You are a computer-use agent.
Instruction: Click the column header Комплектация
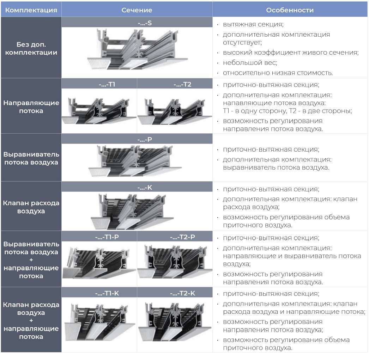pyautogui.click(x=31, y=10)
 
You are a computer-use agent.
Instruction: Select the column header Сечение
pyautogui.click(x=137, y=10)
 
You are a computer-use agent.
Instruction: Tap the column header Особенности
pyautogui.click(x=290, y=10)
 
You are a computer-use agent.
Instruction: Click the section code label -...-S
pyautogui.click(x=145, y=23)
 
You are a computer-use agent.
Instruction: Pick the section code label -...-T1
pyautogui.click(x=107, y=84)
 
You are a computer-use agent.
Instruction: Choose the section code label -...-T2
pyautogui.click(x=182, y=84)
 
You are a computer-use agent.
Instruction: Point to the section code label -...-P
pyautogui.click(x=145, y=140)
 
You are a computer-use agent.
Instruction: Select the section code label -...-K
pyautogui.click(x=145, y=188)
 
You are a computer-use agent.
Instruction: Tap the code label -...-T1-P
pyautogui.click(x=107, y=237)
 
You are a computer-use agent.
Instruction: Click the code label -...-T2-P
pyautogui.click(x=182, y=237)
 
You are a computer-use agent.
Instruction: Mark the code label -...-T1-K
pyautogui.click(x=107, y=293)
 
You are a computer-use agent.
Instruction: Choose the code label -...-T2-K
pyautogui.click(x=182, y=293)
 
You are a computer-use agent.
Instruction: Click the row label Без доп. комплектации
pyautogui.click(x=31, y=48)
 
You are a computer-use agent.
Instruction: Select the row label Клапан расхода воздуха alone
pyautogui.click(x=31, y=207)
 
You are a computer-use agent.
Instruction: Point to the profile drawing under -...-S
pyautogui.click(x=138, y=49)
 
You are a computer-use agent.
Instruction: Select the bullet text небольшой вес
pyautogui.click(x=250, y=62)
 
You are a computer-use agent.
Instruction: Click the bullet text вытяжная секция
pyautogui.click(x=253, y=24)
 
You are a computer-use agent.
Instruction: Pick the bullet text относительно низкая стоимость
pyautogui.click(x=278, y=73)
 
